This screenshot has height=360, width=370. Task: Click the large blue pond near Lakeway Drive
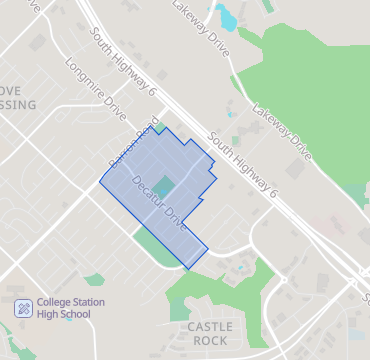228,17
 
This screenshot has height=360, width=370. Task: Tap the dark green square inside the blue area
165,187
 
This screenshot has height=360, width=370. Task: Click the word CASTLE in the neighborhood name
210,327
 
